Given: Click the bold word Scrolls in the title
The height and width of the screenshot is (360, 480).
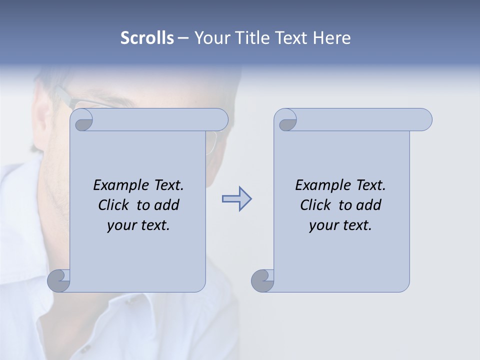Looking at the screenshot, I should coord(147,38).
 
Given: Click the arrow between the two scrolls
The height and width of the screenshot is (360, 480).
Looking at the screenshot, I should coord(236,199).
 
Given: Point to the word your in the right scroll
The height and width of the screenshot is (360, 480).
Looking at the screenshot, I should coord(323,225).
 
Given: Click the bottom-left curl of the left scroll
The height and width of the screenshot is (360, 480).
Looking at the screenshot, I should coord(59,280).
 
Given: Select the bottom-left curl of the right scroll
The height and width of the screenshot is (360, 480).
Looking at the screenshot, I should coord(262,280).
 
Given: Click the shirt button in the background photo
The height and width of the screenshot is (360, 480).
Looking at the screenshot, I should coord(86,349).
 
